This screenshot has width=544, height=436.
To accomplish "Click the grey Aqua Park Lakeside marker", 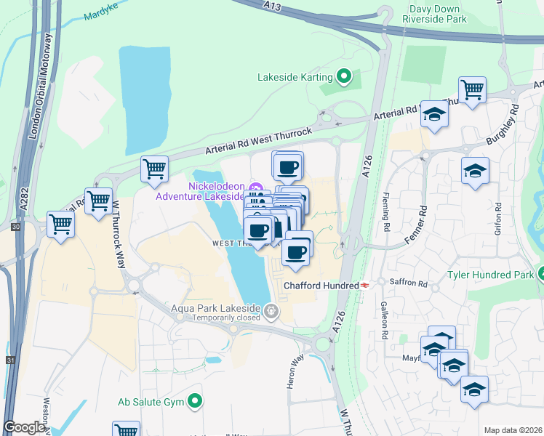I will click(271, 312).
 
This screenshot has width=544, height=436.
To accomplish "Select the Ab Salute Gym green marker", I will click(195, 401).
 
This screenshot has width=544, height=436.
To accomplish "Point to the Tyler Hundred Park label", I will click(490, 274).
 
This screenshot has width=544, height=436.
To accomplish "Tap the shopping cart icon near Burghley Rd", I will click(473, 89).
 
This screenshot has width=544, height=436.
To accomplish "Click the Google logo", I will click(24, 427).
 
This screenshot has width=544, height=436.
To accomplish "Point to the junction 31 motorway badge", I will click(9, 360).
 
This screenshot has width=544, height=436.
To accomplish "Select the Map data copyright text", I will click(513, 430).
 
